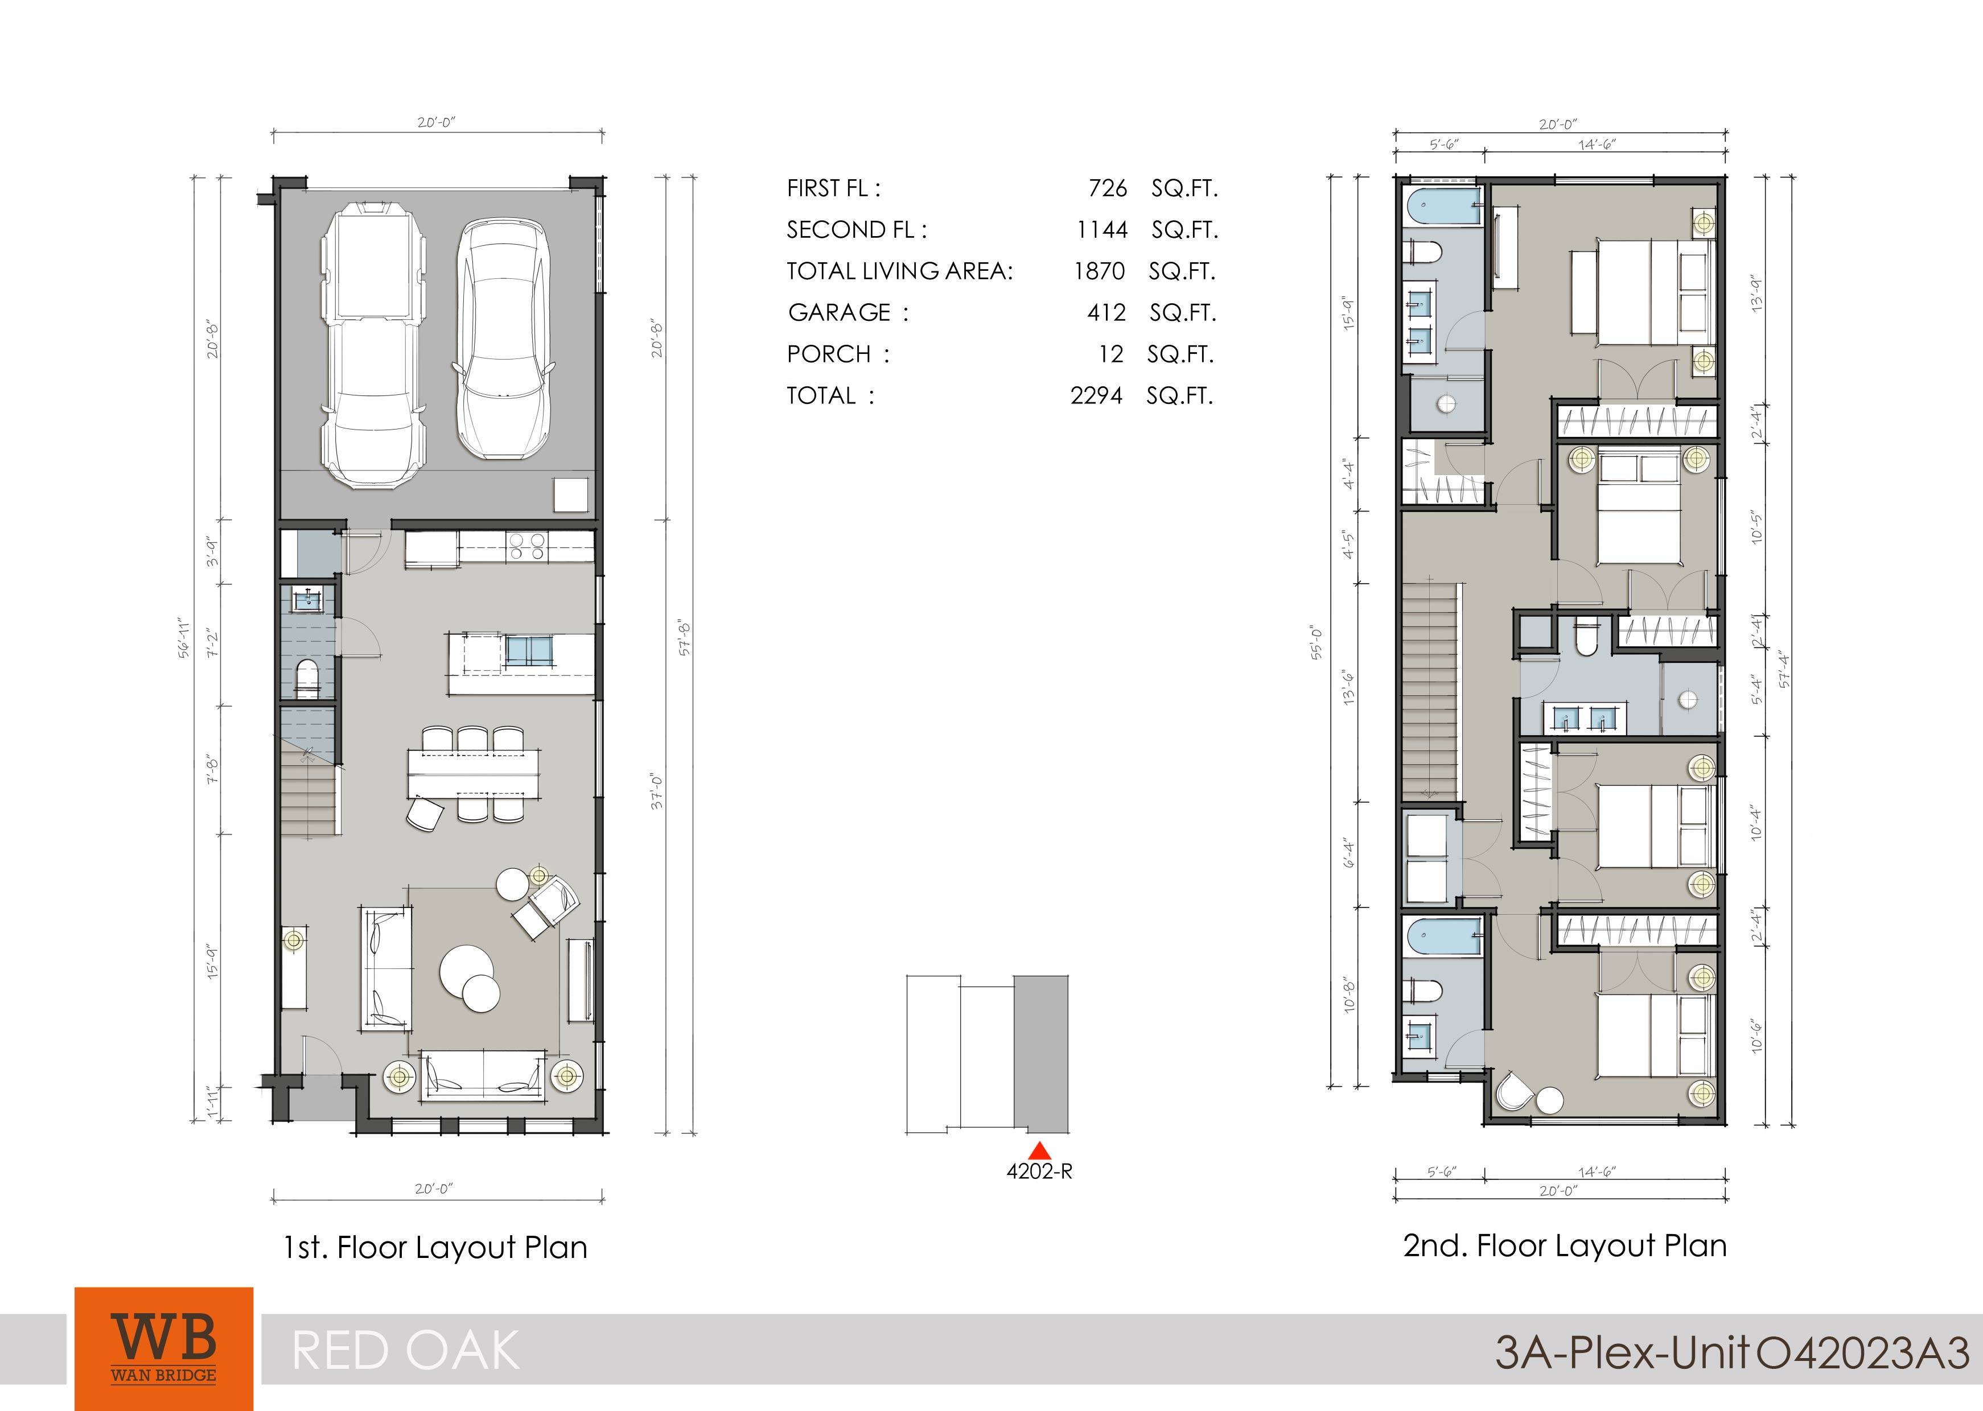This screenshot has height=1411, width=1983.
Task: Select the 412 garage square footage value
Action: pyautogui.click(x=1106, y=313)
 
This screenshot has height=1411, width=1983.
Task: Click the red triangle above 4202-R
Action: pyautogui.click(x=1039, y=1150)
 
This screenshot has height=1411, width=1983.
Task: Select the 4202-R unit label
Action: pyautogui.click(x=1039, y=1172)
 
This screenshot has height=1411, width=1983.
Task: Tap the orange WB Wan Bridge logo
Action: pyautogui.click(x=164, y=1348)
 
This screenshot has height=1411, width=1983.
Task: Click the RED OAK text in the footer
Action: pyautogui.click(x=406, y=1351)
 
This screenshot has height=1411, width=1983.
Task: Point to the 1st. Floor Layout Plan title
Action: pyautogui.click(x=435, y=1248)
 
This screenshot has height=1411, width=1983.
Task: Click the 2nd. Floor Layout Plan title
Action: pyautogui.click(x=1564, y=1246)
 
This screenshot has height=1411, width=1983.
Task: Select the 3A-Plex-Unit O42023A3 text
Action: pyautogui.click(x=1732, y=1353)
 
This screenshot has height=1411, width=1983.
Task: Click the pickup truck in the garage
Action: pyautogui.click(x=373, y=345)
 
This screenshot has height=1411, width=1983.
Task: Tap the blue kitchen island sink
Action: pyautogui.click(x=528, y=651)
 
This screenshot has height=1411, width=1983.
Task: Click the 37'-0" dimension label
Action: pyautogui.click(x=658, y=793)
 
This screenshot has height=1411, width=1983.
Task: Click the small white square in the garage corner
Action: pyautogui.click(x=571, y=495)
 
